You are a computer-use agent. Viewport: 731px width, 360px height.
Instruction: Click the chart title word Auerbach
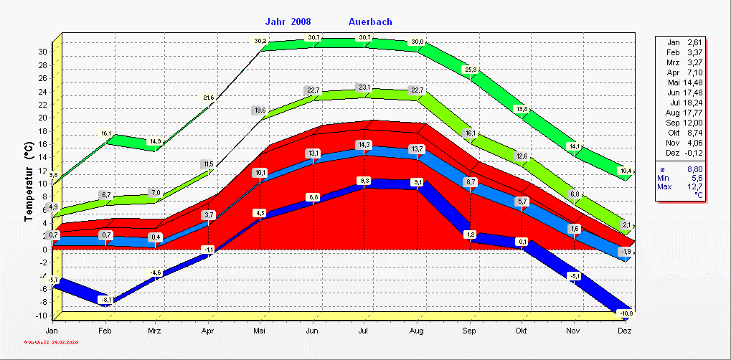[370, 22]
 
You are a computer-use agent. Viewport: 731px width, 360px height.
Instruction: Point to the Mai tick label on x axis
[260, 331]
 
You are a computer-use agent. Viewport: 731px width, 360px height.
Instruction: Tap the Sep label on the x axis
[469, 331]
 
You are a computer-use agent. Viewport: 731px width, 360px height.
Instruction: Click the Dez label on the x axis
[625, 331]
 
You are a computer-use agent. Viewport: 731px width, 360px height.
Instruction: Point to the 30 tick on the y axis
[43, 52]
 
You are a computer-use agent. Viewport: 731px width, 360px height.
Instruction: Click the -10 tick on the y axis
[42, 316]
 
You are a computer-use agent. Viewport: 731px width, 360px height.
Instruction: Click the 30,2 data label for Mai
[260, 41]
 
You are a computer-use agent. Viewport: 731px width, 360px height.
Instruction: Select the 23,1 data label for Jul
[364, 88]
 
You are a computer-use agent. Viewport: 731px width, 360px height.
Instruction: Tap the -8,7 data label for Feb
[105, 299]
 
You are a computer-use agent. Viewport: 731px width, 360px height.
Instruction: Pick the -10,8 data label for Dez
[626, 314]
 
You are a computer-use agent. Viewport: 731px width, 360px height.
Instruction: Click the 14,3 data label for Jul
[364, 144]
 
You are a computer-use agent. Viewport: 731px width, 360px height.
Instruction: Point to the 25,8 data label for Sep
[471, 70]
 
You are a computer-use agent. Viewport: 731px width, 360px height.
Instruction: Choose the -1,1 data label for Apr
[208, 249]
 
